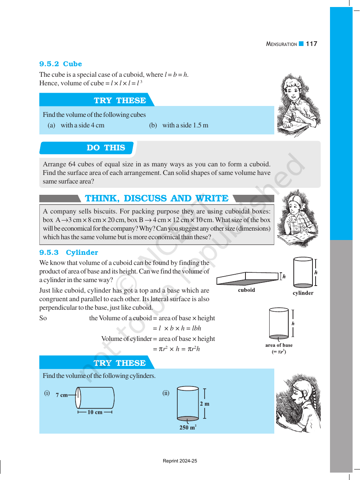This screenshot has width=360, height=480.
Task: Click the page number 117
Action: pyautogui.click(x=311, y=44)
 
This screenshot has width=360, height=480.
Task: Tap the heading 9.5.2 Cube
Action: pyautogui.click(x=60, y=64)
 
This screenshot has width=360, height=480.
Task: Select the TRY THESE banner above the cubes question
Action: pyautogui.click(x=120, y=101)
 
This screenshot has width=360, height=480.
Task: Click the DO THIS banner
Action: pyautogui.click(x=106, y=148)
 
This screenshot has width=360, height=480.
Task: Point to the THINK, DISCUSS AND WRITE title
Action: pyautogui.click(x=157, y=198)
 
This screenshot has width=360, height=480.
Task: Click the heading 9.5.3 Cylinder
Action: pyautogui.click(x=69, y=252)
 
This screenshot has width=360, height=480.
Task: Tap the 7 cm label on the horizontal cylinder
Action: pyautogui.click(x=62, y=395)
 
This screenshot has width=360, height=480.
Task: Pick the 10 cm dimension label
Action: pyautogui.click(x=95, y=412)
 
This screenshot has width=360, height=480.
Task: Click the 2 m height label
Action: pyautogui.click(x=205, y=404)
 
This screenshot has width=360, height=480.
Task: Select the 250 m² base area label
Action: pyautogui.click(x=188, y=427)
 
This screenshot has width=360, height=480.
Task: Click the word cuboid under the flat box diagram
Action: pyautogui.click(x=246, y=290)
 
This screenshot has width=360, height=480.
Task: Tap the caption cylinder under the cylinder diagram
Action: pyautogui.click(x=303, y=293)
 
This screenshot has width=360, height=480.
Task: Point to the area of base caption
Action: pyautogui.click(x=279, y=345)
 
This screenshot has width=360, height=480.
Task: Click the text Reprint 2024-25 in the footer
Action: pyautogui.click(x=180, y=461)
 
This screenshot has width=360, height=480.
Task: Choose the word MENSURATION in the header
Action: pyautogui.click(x=281, y=44)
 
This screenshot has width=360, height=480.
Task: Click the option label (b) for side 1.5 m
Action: pyautogui.click(x=153, y=125)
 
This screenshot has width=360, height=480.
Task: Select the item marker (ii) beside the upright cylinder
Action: pyautogui.click(x=166, y=393)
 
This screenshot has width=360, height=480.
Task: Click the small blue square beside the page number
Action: pyautogui.click(x=301, y=44)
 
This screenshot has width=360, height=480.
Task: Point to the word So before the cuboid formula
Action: pyautogui.click(x=43, y=318)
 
